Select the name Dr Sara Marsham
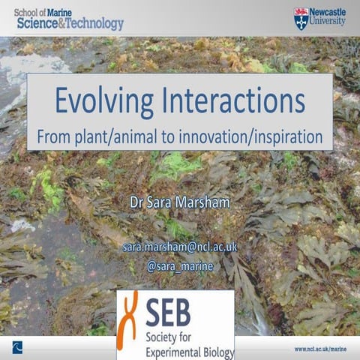[x=179, y=202]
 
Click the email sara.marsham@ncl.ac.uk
[x=179, y=246]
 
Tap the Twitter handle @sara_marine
[x=179, y=265]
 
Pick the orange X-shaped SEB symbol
[x=131, y=315]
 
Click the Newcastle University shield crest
[x=301, y=19]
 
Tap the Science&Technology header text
[x=68, y=24]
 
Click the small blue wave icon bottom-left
[x=17, y=347]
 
